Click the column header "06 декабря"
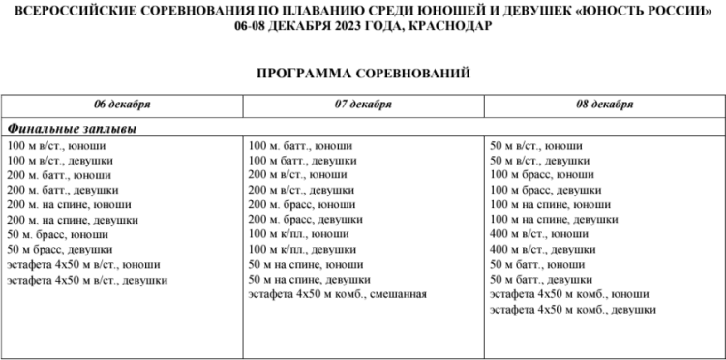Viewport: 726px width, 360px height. point(122,104)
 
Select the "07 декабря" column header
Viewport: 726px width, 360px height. point(363,104)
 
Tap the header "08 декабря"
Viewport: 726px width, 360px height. point(605,104)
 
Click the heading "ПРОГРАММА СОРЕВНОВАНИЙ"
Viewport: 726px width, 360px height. point(363,72)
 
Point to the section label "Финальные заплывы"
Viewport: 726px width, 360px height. point(71,128)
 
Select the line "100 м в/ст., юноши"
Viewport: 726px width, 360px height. point(56,146)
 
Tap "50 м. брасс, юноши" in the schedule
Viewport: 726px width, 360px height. point(57,235)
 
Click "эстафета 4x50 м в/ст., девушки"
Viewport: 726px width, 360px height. point(87,280)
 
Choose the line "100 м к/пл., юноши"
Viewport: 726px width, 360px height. point(299,235)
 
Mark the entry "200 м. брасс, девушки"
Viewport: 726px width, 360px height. point(306,220)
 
